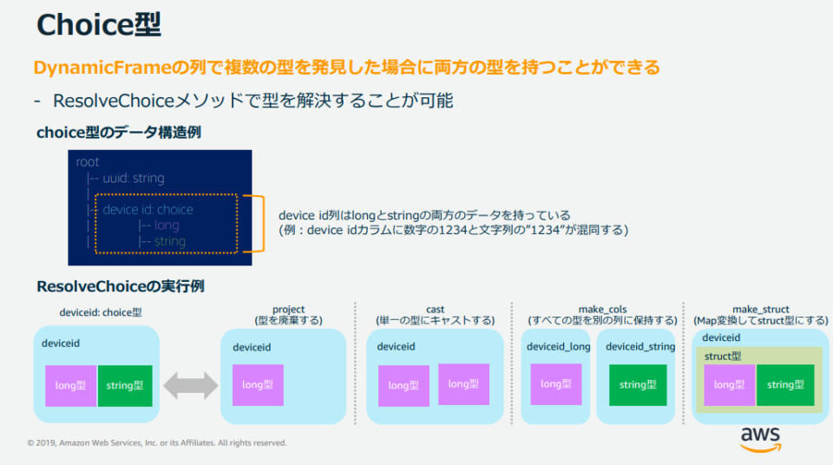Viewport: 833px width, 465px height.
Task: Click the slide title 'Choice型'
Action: tap(99, 25)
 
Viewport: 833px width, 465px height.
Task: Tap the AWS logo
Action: tap(761, 440)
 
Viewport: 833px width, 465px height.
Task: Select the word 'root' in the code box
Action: tap(88, 161)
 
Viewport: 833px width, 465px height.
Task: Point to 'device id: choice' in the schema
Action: tap(148, 209)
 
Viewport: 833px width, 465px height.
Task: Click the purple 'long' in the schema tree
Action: tap(167, 226)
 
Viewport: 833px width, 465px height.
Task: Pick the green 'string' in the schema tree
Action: tap(170, 241)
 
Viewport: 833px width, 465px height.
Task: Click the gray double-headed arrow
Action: tap(191, 385)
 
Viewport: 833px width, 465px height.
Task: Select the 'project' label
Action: tap(288, 310)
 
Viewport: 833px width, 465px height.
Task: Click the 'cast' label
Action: tap(435, 310)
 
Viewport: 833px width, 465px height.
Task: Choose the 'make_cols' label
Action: tap(602, 310)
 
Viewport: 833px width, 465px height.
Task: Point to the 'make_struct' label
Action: tap(761, 310)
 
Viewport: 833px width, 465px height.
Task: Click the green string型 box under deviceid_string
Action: tap(638, 385)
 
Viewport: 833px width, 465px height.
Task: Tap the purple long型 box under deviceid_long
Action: tap(555, 384)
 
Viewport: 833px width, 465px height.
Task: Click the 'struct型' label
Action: tap(723, 356)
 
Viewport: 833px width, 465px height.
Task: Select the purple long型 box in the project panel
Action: tap(258, 385)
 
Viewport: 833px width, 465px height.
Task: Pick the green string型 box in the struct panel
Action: tap(785, 385)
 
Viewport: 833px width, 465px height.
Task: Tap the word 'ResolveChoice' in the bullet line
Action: tap(114, 101)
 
